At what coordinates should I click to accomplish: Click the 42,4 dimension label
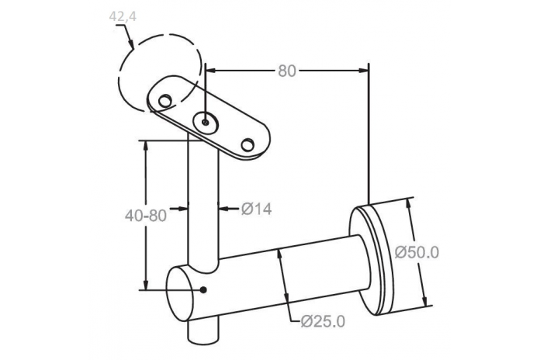123,16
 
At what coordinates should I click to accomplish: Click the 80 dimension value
287,71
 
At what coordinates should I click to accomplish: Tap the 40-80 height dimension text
146,216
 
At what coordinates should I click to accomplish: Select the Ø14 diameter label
256,209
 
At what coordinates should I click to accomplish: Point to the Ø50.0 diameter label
417,252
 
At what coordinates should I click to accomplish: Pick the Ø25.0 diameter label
323,321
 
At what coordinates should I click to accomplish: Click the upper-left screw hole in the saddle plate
165,100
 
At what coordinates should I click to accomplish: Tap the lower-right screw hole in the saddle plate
247,144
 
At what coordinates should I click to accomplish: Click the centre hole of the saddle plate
206,123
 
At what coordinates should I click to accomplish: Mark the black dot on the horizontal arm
203,290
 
